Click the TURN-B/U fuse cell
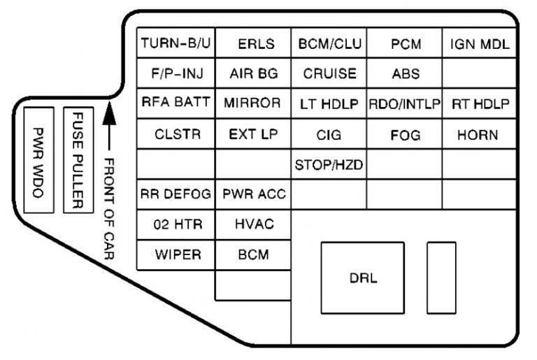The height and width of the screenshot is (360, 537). coord(176,44)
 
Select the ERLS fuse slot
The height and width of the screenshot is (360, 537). coord(252,44)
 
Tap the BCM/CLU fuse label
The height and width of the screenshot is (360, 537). coord(329,44)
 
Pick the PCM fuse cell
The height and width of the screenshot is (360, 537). coord(405,44)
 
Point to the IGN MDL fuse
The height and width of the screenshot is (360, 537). coord(480,44)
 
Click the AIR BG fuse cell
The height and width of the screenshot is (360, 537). coord(252,73)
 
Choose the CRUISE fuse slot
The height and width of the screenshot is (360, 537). coord(329,73)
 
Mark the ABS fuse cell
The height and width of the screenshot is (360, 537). coord(405,73)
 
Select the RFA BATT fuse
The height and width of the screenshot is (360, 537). coord(176,103)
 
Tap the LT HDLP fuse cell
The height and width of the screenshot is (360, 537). coord(329,103)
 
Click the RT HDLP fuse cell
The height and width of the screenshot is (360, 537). coord(480,103)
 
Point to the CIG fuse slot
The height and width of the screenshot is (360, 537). coord(329,134)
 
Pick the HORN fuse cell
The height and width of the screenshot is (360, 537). coord(480,134)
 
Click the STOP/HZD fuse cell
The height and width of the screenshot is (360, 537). coord(329,165)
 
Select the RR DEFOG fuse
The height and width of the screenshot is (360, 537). coord(176,194)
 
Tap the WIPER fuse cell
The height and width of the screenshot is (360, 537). coord(176,254)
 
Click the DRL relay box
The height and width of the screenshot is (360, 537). coord(362,278)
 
